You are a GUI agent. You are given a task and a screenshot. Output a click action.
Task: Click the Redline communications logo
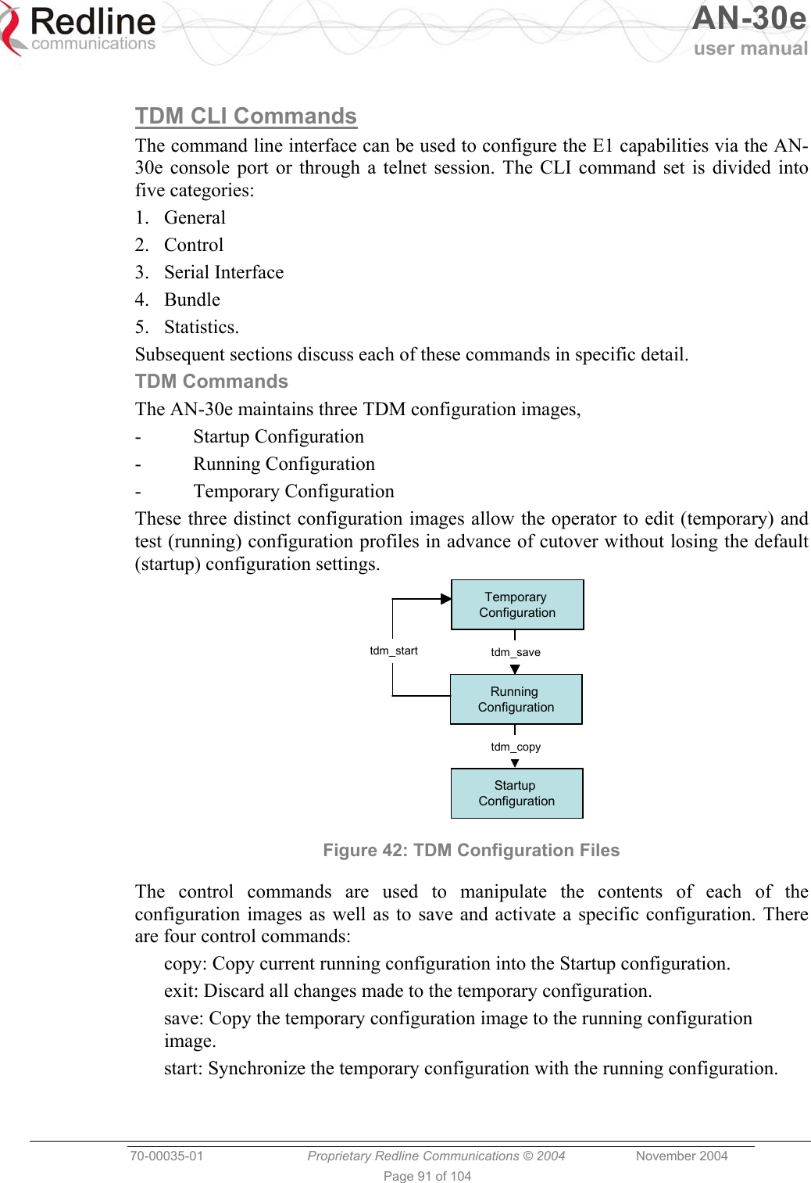coord(79,30)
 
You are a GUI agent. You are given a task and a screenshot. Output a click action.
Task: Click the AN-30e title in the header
coord(748,19)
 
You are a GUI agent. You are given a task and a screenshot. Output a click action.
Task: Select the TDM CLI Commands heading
coord(245,116)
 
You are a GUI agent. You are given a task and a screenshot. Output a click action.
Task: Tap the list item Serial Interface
coord(223,272)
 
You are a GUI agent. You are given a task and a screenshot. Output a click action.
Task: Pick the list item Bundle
coord(192,299)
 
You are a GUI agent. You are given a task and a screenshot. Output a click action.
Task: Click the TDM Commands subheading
coord(211,382)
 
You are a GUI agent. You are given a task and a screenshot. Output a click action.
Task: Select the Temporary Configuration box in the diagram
coord(517,604)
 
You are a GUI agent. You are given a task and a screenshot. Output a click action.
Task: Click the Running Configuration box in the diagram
coord(516,699)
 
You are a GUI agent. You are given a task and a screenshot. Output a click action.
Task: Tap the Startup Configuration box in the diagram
coord(516,793)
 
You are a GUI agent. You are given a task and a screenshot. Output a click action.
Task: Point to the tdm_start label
coord(394,651)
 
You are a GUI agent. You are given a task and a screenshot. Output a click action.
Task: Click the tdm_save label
coord(515,652)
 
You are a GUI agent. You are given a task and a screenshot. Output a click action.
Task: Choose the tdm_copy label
coord(515,747)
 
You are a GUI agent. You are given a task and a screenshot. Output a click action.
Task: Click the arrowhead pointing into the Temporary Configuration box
coord(446,599)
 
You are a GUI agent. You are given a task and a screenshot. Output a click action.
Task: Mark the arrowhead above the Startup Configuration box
coord(515,763)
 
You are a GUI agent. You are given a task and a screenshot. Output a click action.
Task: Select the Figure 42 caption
coord(471,850)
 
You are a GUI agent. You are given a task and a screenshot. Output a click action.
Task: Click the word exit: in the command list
coord(182,991)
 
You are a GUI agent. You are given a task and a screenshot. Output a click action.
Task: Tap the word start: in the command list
coord(184,1068)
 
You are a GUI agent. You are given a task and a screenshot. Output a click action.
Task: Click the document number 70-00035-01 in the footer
coord(166,1156)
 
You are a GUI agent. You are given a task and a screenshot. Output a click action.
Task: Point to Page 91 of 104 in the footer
coord(427,1176)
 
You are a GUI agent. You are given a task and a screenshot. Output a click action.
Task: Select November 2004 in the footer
coord(681,1156)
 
